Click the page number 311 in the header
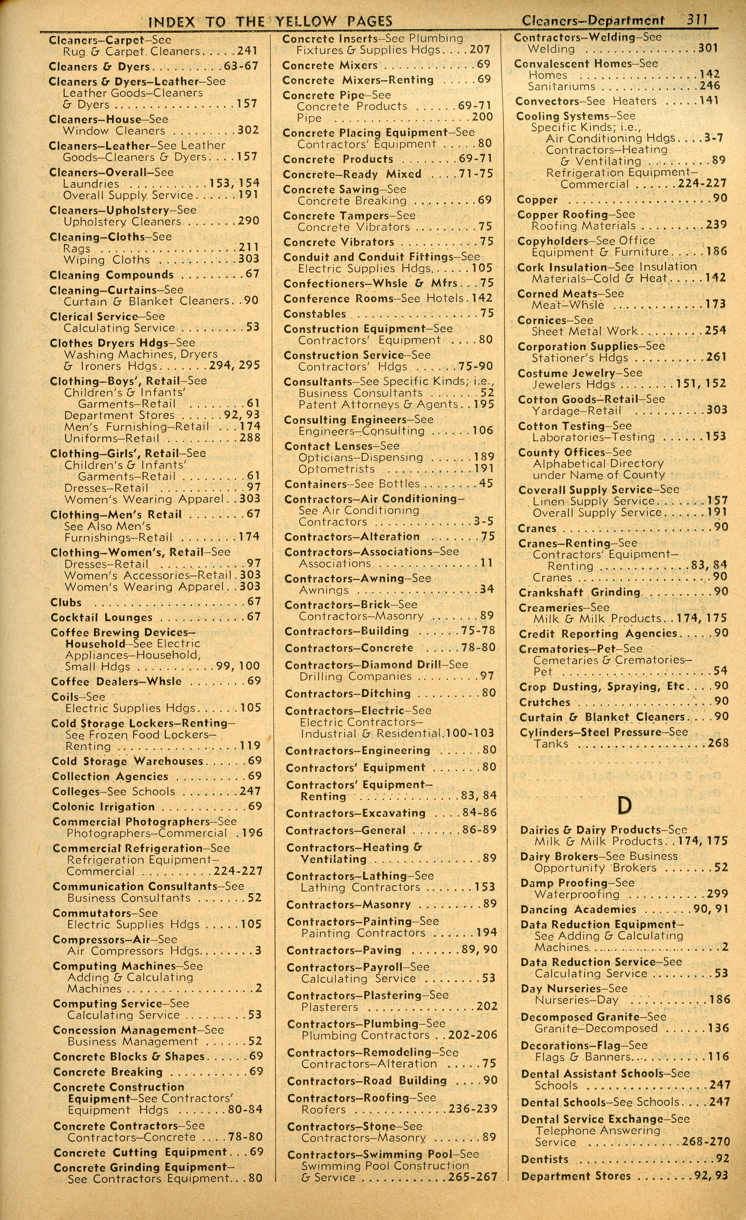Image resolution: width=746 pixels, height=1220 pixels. [696, 19]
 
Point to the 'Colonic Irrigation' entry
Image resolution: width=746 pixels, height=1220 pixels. [104, 807]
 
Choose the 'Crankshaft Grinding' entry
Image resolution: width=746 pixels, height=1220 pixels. [579, 592]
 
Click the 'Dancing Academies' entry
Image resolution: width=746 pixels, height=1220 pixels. [578, 910]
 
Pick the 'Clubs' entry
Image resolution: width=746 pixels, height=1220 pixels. [66, 602]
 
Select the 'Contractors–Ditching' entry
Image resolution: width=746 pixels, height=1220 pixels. [348, 694]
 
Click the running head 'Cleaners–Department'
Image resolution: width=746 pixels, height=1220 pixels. [592, 21]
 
